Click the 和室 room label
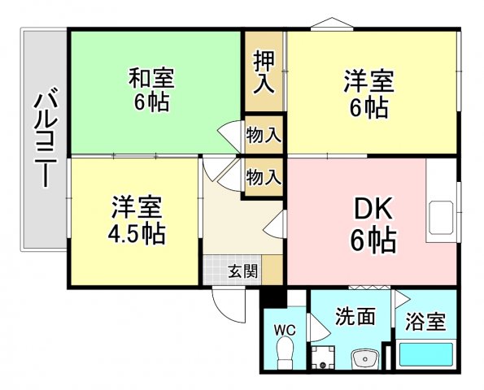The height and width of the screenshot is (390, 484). pyautogui.click(x=152, y=79)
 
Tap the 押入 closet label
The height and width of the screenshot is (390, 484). pyautogui.click(x=264, y=72)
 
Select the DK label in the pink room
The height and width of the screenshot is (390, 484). pyautogui.click(x=373, y=210)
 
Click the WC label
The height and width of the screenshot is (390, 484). pyautogui.click(x=285, y=330)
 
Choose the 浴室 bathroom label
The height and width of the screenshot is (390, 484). pyautogui.click(x=425, y=321)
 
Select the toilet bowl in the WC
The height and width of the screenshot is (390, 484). pyautogui.click(x=285, y=354)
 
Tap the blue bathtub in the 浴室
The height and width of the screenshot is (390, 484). pyautogui.click(x=425, y=356)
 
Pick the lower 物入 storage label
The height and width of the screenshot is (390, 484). pyautogui.click(x=264, y=175)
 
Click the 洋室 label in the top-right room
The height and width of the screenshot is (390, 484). pyautogui.click(x=368, y=81)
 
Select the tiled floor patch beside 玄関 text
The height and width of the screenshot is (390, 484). pyautogui.click(x=214, y=271)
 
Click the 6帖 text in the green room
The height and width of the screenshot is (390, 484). pyautogui.click(x=152, y=103)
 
